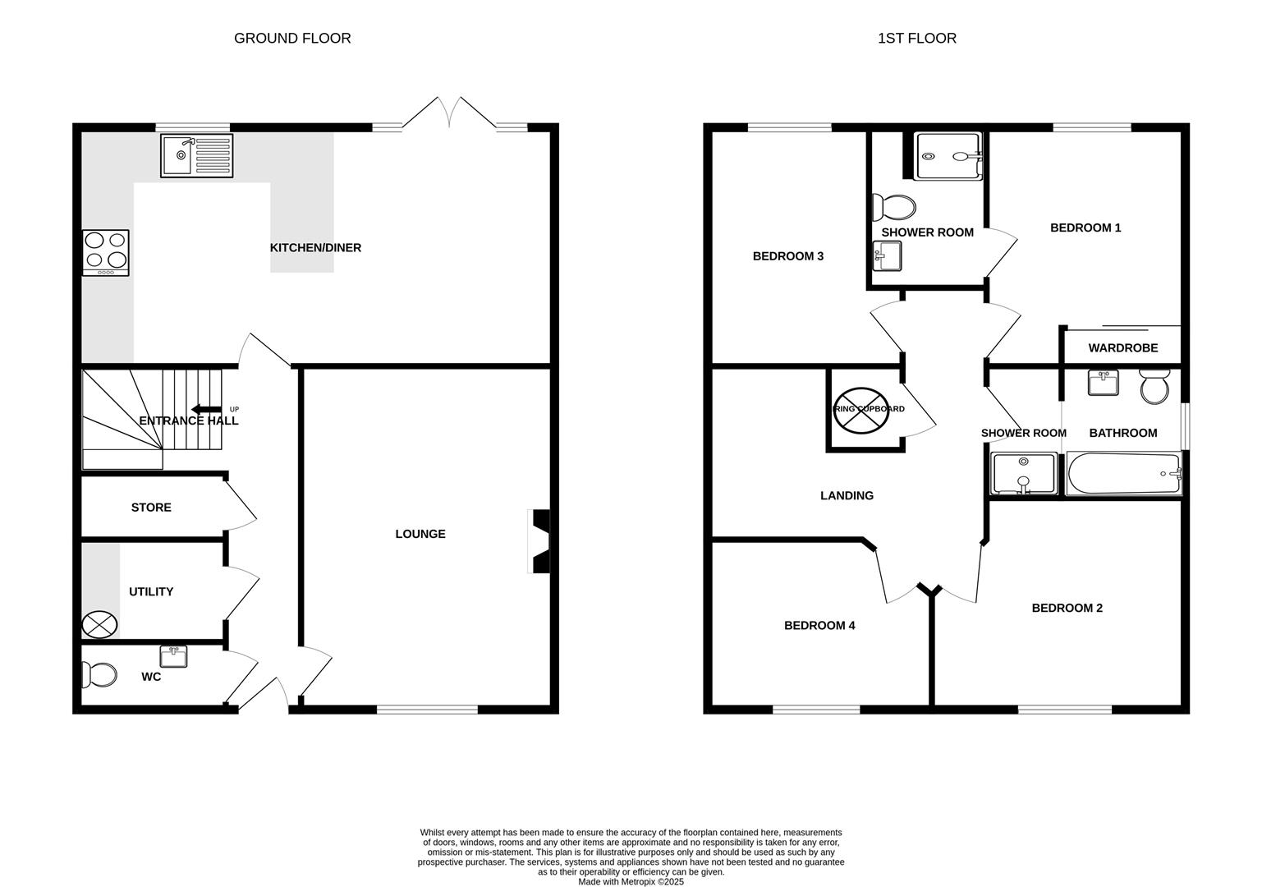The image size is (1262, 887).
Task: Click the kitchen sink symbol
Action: coord(197,155)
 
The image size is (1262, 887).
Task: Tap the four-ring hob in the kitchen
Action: coord(106,252)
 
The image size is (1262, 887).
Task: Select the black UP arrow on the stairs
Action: coord(206,410)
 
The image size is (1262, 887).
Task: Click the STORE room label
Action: coord(151,508)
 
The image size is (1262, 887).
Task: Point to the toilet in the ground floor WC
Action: coord(99,675)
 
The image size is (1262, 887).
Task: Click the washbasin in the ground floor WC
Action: coord(173,656)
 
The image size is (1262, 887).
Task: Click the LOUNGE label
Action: coord(420,534)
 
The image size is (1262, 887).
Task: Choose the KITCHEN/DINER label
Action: coord(315,248)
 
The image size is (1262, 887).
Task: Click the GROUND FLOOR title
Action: coord(292,39)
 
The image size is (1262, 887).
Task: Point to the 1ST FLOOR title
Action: coord(916,39)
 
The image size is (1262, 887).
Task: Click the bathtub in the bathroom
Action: coord(1123,475)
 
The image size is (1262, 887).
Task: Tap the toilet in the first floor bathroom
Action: coord(1154,387)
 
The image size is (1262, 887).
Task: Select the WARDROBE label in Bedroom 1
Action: coord(1122,348)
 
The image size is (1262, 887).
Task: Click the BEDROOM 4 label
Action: coord(819,626)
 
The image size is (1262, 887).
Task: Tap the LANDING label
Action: coord(847,496)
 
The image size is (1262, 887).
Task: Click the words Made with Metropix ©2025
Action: coord(631,881)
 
